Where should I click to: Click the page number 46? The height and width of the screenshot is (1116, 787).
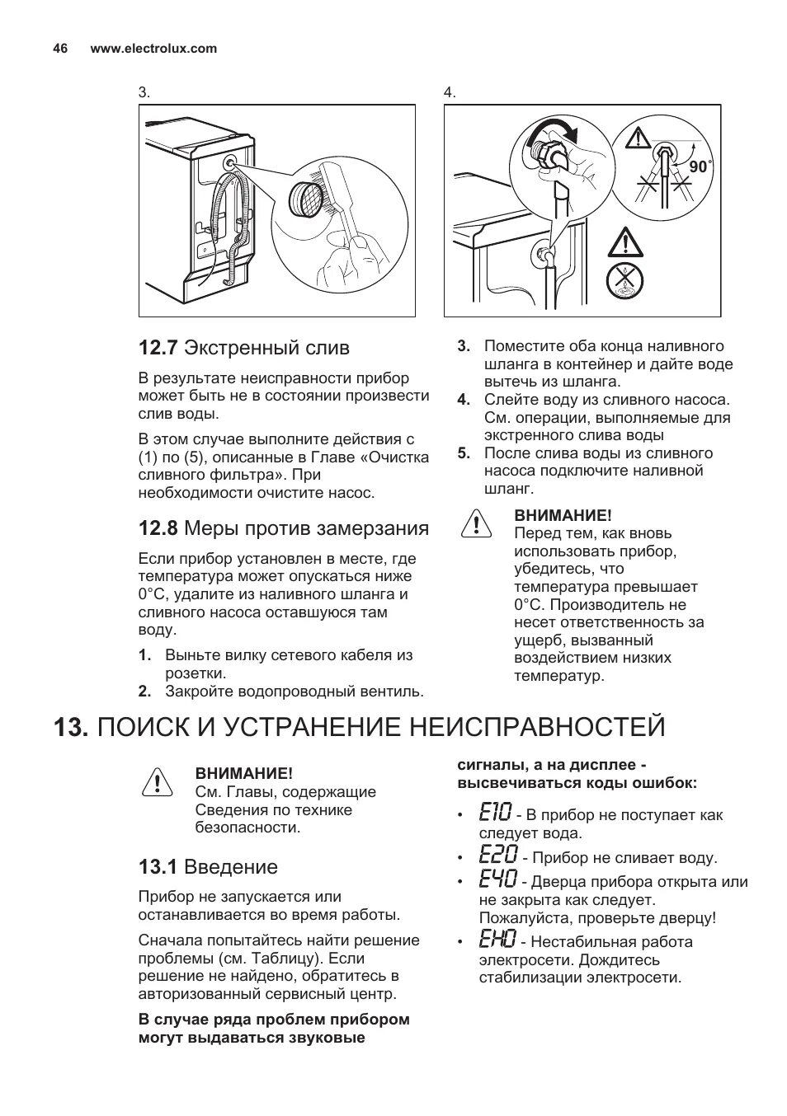click(60, 49)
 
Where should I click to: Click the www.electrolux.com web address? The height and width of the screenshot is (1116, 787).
click(153, 49)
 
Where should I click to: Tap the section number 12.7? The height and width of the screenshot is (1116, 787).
click(158, 348)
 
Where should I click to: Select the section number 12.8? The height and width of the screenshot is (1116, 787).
click(158, 528)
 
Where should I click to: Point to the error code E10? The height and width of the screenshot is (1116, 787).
click(495, 814)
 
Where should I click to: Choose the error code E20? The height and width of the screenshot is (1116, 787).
click(497, 856)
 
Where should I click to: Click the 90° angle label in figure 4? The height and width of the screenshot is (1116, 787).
click(700, 166)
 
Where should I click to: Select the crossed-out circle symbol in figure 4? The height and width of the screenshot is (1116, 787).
click(624, 280)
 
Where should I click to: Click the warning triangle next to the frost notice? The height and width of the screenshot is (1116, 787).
click(473, 524)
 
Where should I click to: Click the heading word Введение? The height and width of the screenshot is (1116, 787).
click(231, 867)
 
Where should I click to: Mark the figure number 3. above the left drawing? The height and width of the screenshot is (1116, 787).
click(144, 92)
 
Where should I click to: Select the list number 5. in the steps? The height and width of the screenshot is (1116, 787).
click(464, 453)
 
